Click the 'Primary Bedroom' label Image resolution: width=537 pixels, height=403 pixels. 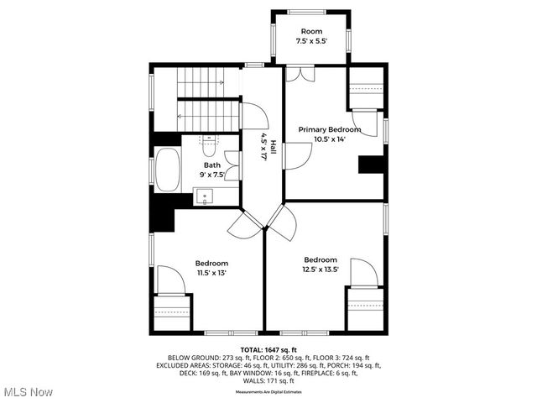point(331,129)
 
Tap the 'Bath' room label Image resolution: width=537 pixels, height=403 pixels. point(211,165)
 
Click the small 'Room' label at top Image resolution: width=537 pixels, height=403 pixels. point(311,30)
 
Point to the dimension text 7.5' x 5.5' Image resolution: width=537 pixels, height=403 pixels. point(311,40)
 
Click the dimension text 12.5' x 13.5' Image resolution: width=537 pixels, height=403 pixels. point(321,270)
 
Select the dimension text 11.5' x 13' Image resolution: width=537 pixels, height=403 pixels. point(211,273)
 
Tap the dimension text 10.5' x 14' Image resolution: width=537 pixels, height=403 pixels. point(331,139)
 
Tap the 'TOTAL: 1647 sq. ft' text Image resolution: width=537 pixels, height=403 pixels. point(268,349)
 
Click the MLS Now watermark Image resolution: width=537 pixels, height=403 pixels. point(28,391)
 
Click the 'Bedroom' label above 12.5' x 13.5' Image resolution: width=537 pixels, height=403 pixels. point(321,259)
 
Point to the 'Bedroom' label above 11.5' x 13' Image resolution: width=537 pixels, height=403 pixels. point(211,263)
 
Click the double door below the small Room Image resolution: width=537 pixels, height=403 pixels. point(300,73)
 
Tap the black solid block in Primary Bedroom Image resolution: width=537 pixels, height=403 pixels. point(370,165)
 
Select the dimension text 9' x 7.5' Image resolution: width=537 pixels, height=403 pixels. point(211,175)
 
